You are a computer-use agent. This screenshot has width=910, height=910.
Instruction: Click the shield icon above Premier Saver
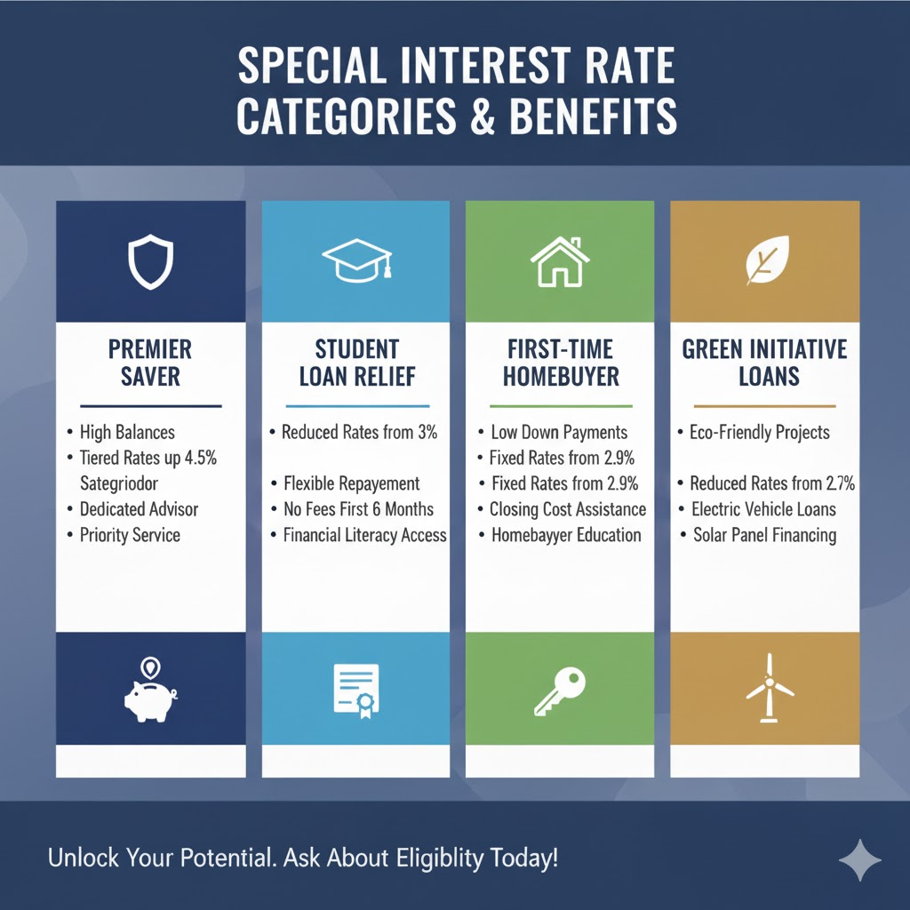150,261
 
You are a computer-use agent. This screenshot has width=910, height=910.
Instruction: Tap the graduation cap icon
355,259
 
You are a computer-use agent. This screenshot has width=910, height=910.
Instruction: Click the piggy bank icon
150,690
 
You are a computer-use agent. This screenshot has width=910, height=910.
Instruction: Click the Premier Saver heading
150,362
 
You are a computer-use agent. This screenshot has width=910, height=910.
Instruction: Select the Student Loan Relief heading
355,362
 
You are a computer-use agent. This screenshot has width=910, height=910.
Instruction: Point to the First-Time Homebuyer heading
560,362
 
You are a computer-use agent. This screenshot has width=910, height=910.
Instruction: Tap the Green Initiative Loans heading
764,362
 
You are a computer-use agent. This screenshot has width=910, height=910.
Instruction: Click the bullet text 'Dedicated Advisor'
139,509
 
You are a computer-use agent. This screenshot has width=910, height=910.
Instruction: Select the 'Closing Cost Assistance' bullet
568,509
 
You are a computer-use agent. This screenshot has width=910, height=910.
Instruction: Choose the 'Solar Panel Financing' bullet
765,535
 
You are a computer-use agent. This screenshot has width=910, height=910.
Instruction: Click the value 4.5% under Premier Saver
198,459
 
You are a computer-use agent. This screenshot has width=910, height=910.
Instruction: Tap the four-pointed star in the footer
859,860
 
